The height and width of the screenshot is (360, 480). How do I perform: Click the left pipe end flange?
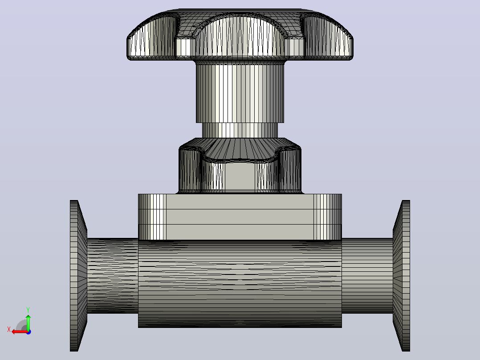[78, 276]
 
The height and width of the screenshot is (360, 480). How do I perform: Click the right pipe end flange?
[401, 276]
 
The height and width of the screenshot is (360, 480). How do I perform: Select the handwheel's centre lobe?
[240, 37]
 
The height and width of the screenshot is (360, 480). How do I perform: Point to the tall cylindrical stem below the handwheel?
[240, 92]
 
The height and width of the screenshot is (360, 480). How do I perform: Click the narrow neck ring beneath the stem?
[240, 130]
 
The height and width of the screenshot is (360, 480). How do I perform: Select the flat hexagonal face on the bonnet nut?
[240, 177]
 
